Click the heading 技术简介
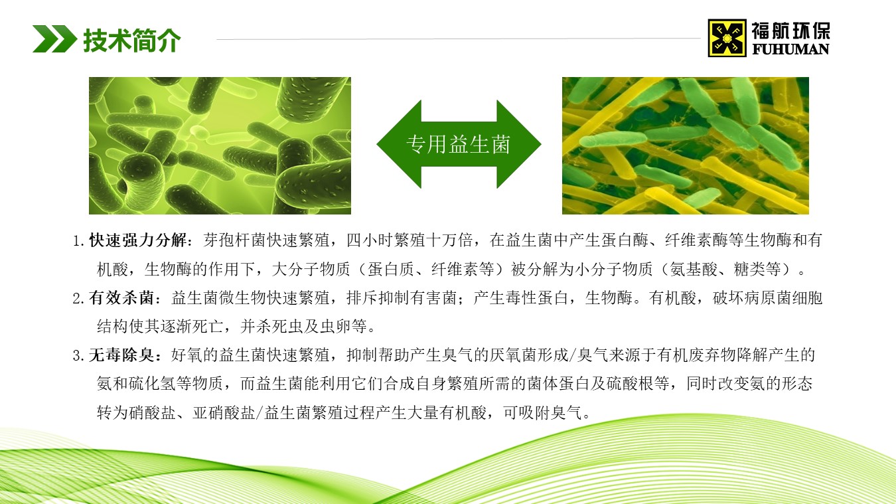coord(132,40)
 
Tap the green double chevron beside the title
coord(55,39)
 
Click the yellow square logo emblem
coord(727,38)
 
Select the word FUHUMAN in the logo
coord(790,49)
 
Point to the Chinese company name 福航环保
coord(790,31)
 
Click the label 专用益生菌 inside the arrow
coord(459,144)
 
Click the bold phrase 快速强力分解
coord(137,240)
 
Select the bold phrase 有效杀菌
coord(121,298)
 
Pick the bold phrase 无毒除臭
coord(121,355)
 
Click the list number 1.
coord(78,241)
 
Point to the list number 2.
coord(78,299)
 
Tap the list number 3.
coord(78,356)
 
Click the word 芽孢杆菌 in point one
coord(235,240)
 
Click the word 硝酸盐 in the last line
coord(152,412)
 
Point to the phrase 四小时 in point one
coord(370,240)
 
